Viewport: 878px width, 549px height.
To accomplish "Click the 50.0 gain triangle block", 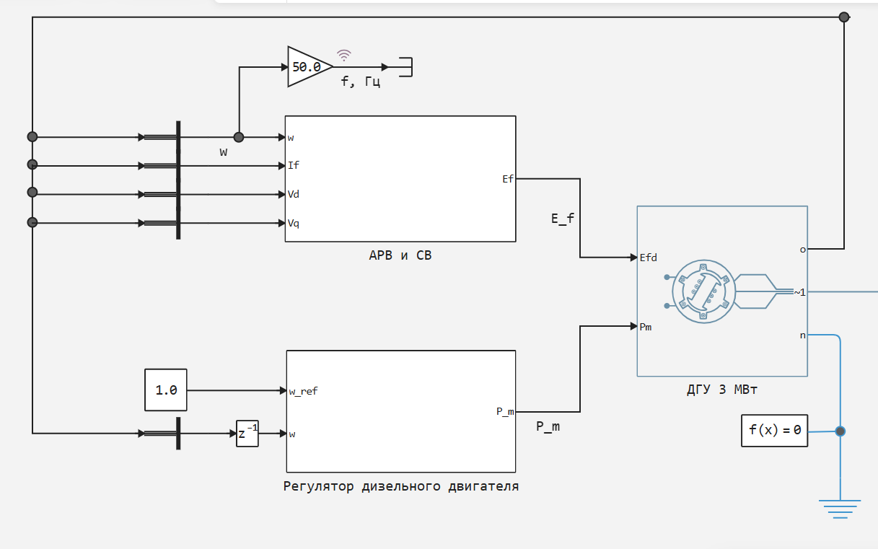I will [x=307, y=67].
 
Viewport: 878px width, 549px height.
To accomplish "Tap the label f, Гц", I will [x=361, y=83].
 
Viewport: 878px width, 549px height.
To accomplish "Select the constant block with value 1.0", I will [x=166, y=390].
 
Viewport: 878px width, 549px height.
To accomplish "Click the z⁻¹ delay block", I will [x=247, y=434].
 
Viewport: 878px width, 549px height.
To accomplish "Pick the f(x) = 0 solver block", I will [x=775, y=431].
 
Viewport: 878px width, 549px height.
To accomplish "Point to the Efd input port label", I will [x=648, y=258].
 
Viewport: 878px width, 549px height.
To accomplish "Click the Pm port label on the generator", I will [x=646, y=327].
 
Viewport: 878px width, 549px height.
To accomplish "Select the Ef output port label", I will [x=508, y=179].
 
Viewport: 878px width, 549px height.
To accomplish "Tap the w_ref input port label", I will [x=303, y=391].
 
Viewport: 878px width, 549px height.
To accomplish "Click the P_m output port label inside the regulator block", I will [x=505, y=411].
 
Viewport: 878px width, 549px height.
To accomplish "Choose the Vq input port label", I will [x=294, y=223].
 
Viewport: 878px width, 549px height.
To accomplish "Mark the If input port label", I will [x=293, y=165].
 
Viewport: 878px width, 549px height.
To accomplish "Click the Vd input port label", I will [x=294, y=194].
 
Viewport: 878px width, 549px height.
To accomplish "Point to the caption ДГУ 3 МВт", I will [x=721, y=390].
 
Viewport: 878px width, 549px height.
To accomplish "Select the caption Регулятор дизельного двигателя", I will [x=401, y=486].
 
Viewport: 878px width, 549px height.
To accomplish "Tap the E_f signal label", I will [x=563, y=218].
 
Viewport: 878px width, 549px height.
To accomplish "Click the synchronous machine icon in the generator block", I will [x=703, y=292].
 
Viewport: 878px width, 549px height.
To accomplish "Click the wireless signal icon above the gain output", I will [x=345, y=55].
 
